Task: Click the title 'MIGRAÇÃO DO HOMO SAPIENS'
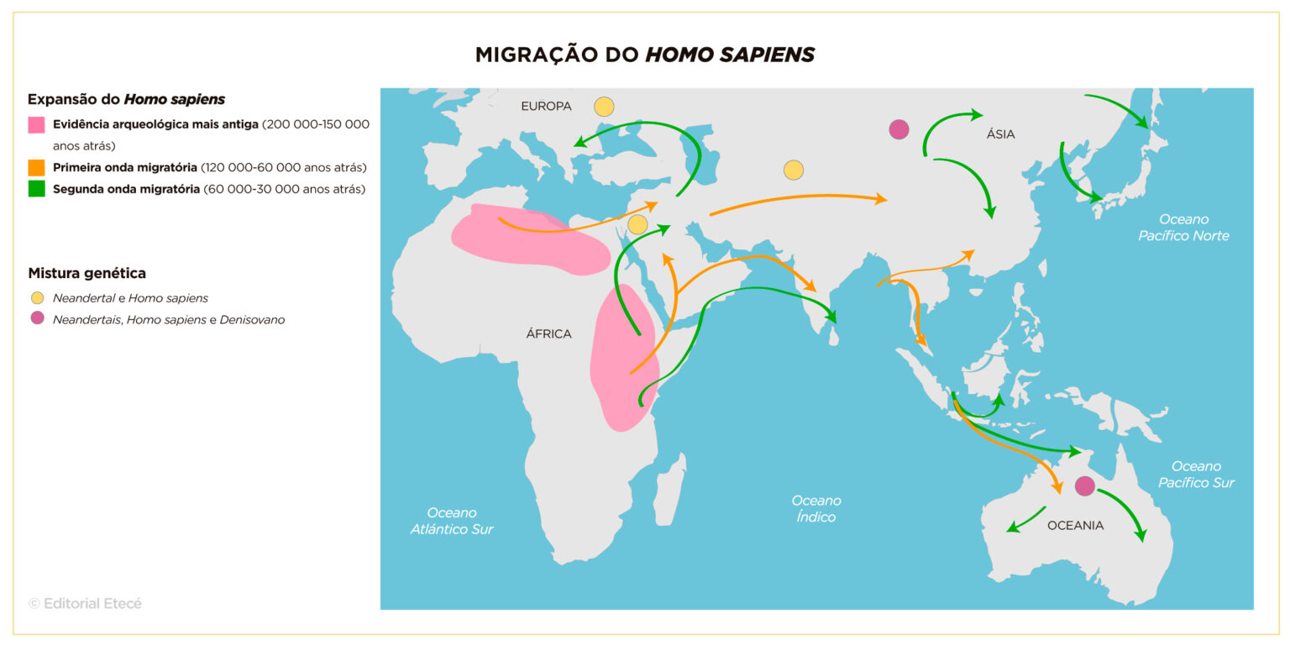pyautogui.click(x=644, y=55)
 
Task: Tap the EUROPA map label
pyautogui.click(x=546, y=107)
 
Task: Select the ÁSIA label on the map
pyautogui.click(x=1000, y=134)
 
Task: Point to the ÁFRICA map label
pyautogui.click(x=548, y=334)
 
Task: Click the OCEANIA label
pyautogui.click(x=1075, y=526)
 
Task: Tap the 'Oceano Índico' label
pyautogui.click(x=816, y=509)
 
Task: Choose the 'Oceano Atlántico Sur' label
pyautogui.click(x=452, y=521)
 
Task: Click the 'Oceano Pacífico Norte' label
pyautogui.click(x=1183, y=228)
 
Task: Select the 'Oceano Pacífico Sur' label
pyautogui.click(x=1196, y=475)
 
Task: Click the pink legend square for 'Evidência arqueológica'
pyautogui.click(x=36, y=124)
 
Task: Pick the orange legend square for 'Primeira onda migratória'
pyautogui.click(x=36, y=167)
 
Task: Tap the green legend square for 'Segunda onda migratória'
pyautogui.click(x=36, y=189)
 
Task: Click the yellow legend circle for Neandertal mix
pyautogui.click(x=37, y=298)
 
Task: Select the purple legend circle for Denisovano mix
pyautogui.click(x=37, y=319)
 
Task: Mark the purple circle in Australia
pyautogui.click(x=1085, y=485)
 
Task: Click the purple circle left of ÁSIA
pyautogui.click(x=899, y=129)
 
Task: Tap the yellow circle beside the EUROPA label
pyautogui.click(x=604, y=107)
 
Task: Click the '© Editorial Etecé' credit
pyautogui.click(x=85, y=603)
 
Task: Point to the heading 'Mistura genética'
pyautogui.click(x=87, y=273)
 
